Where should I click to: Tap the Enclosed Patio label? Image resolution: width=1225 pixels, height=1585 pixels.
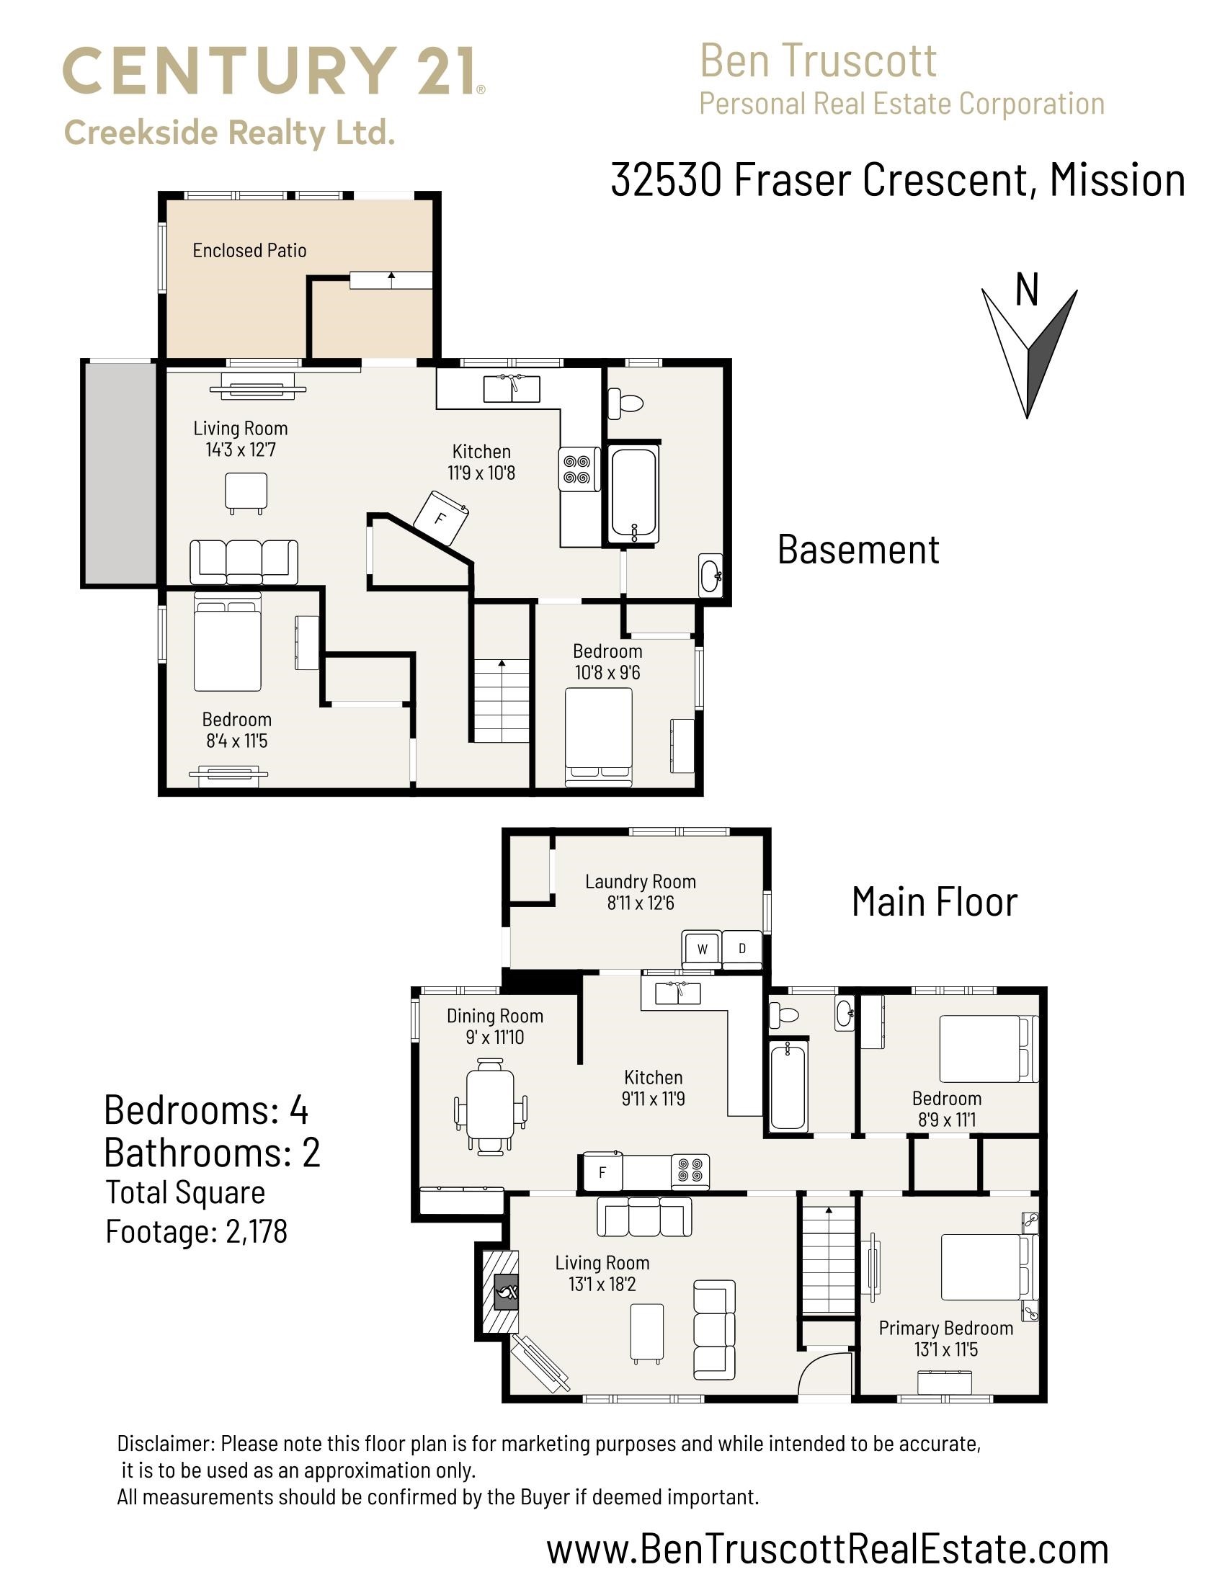coord(249,251)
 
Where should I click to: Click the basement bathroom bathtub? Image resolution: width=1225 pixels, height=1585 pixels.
coord(633,493)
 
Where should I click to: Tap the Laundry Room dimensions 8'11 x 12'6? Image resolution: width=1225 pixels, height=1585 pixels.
coord(640,903)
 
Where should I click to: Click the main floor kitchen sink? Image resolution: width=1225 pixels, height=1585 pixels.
coord(677,993)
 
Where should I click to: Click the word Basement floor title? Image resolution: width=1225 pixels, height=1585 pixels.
coord(858,550)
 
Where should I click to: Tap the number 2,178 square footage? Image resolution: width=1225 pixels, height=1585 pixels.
coord(257,1231)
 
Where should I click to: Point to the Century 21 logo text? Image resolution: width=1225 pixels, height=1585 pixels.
coord(274,71)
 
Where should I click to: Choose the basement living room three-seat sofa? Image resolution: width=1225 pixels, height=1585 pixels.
coord(244,562)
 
